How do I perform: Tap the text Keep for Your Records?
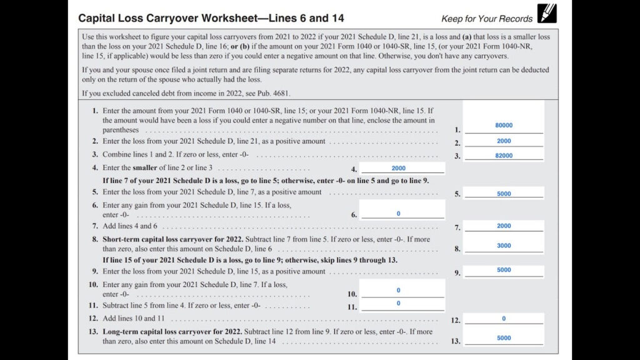coord(487,19)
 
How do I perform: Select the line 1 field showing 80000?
coord(504,126)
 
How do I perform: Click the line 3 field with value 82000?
coord(504,156)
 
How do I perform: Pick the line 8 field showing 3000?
coord(504,246)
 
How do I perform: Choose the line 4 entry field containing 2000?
coord(399,168)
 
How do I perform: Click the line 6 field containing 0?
coord(399,214)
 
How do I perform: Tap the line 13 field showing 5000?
coord(504,338)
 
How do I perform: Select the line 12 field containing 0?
coord(504,319)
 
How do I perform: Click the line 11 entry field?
coord(399,304)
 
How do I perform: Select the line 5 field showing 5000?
coord(504,194)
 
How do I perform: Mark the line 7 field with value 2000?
coord(504,226)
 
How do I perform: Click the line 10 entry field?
coord(399,291)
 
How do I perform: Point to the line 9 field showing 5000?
coord(504,270)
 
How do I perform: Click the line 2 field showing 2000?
coord(504,141)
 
